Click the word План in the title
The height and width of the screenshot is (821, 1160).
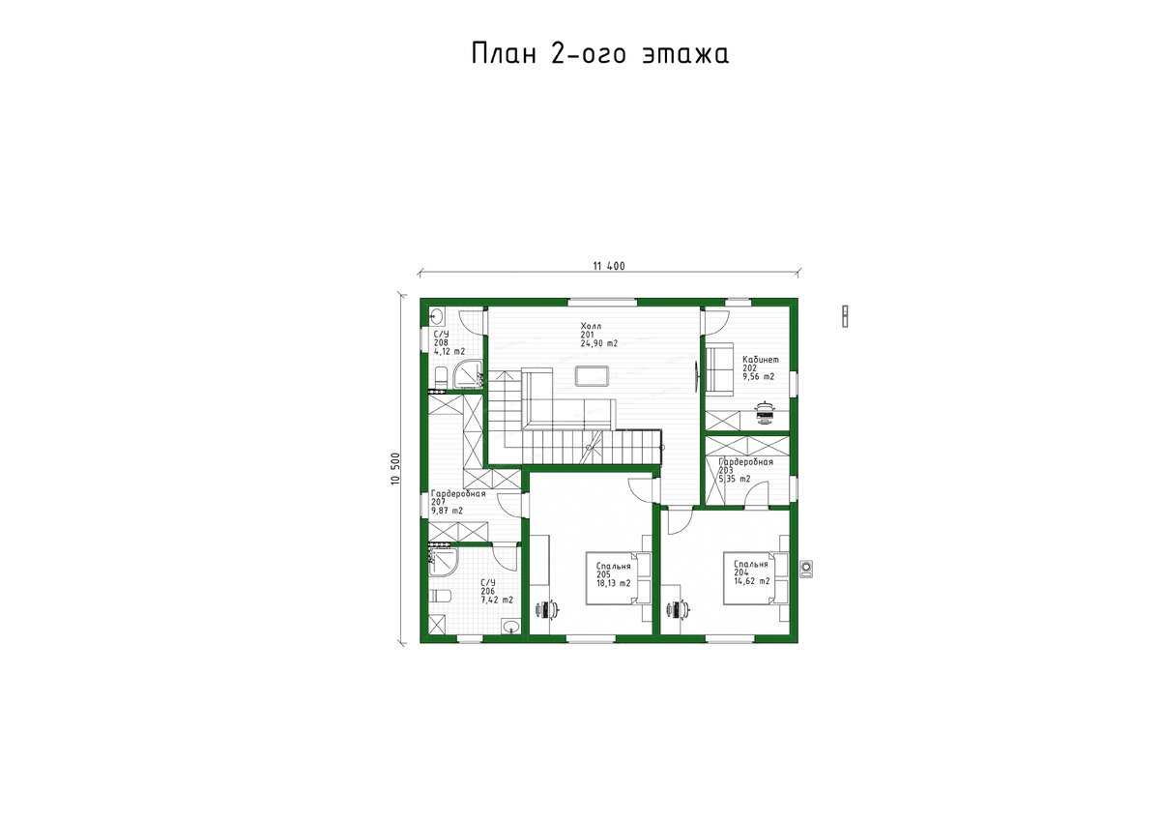click(x=504, y=54)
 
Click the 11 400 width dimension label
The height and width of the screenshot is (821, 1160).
click(x=609, y=266)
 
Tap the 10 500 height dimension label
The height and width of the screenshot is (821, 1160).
click(x=396, y=468)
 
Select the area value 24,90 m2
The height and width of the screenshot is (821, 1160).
click(x=598, y=343)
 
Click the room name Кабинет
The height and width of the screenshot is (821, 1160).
click(x=760, y=360)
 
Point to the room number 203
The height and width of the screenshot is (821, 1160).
click(x=726, y=470)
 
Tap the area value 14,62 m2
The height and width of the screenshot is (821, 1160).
click(x=751, y=581)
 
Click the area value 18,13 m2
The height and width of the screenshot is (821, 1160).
click(x=613, y=583)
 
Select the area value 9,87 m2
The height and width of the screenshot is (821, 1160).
click(x=447, y=511)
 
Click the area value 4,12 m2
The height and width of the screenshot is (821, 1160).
click(x=449, y=351)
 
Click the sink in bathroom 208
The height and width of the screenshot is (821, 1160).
click(x=436, y=315)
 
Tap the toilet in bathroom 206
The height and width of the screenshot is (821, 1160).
click(x=440, y=597)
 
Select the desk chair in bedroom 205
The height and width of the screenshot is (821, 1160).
click(x=548, y=609)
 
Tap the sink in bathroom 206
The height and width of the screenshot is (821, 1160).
click(x=510, y=627)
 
